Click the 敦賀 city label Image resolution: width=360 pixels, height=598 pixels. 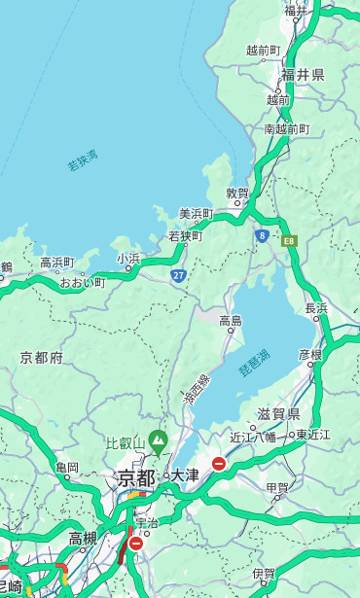[x=238, y=193]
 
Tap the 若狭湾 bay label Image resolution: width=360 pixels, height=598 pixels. [x=82, y=161]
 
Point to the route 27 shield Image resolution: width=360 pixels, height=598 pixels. [x=179, y=275]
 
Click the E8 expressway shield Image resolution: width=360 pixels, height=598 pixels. [x=289, y=238]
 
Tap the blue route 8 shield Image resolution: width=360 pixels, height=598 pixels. [x=262, y=234]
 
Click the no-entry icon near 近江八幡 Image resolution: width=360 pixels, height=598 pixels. [x=220, y=464]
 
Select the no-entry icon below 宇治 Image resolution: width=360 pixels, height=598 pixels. [x=136, y=544]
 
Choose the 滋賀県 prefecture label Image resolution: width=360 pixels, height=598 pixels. [x=278, y=414]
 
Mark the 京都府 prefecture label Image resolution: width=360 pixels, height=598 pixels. [x=41, y=357]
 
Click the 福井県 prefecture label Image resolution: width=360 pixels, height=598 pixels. [x=304, y=75]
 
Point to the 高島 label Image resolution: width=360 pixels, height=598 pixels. [x=231, y=320]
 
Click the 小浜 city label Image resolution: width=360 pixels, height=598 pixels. [x=128, y=258]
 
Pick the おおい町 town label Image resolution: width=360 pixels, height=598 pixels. [x=82, y=283]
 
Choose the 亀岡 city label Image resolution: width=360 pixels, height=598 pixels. [x=67, y=468]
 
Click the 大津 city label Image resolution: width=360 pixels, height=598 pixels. [x=184, y=475]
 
